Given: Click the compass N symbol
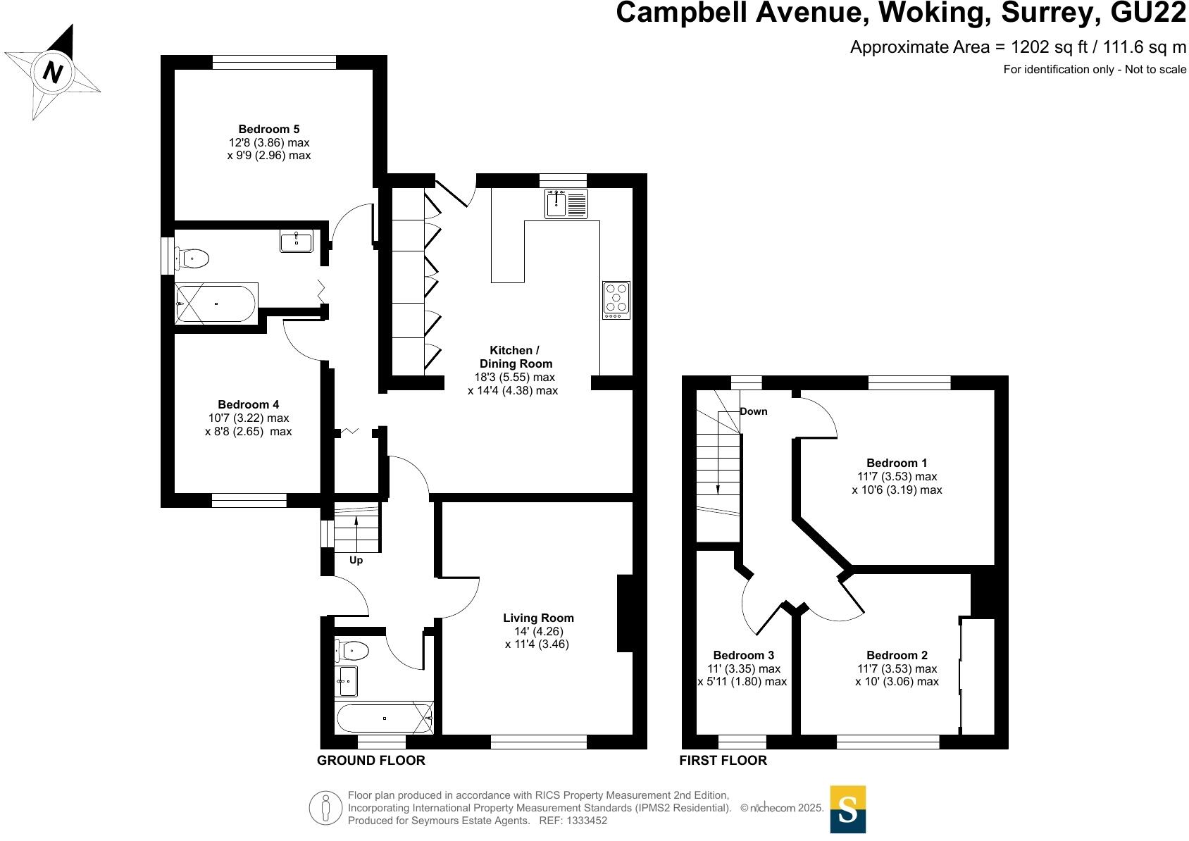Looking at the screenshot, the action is tap(52, 71).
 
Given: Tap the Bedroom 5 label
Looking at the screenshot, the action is tap(268, 129).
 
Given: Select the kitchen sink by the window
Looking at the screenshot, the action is tap(566, 204).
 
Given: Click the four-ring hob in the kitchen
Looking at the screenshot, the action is tap(616, 300).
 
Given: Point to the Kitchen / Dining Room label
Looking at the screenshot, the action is tap(515, 357).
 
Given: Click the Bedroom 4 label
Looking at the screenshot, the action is tap(249, 404).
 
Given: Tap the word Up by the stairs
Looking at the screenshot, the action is tap(356, 560).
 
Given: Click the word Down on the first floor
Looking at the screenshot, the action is tap(754, 411).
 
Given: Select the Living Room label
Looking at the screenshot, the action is tap(538, 618).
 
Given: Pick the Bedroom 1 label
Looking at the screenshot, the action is tap(897, 463).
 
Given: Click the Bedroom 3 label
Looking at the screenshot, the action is tap(743, 655).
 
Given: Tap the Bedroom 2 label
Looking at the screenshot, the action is tap(897, 655).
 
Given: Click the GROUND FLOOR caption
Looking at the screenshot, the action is tap(371, 761).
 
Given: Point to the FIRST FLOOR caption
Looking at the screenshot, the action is tap(723, 761).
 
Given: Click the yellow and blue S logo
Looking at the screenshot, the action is tap(847, 809).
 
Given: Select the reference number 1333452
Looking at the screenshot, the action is tap(587, 821).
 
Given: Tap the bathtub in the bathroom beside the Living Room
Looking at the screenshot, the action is tap(385, 718).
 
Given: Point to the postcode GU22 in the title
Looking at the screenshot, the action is tap(1148, 13).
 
